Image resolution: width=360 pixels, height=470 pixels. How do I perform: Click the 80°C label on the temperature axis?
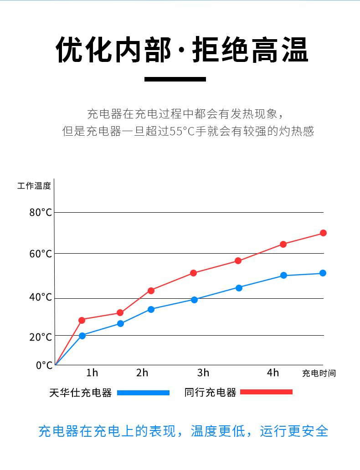[41, 212]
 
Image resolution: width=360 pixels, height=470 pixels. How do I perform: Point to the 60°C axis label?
[41, 253]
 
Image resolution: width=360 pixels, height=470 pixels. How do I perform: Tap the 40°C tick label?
[41, 297]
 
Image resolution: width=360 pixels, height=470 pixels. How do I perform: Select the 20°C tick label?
[41, 337]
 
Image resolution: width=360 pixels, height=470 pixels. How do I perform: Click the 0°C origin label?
[44, 365]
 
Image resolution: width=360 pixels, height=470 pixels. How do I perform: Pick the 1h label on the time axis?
[92, 373]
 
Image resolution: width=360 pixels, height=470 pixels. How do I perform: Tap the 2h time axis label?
[142, 373]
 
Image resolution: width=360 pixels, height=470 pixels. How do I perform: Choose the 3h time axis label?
[203, 373]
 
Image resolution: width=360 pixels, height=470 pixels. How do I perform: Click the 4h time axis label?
[273, 373]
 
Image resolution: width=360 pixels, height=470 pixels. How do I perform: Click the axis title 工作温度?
[34, 186]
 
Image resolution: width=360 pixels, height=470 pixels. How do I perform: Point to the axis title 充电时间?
[319, 373]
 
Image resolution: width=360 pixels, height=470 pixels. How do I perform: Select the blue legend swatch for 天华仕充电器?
[143, 393]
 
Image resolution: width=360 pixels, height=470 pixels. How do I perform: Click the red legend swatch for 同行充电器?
[266, 392]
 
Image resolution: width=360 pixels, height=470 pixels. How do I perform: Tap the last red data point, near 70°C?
[323, 233]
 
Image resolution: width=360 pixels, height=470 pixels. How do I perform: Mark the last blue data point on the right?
[323, 273]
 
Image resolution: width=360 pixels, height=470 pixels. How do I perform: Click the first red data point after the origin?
[82, 320]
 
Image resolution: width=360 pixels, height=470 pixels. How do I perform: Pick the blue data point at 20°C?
[82, 336]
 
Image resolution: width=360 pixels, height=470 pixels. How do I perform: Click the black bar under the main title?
[175, 79]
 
